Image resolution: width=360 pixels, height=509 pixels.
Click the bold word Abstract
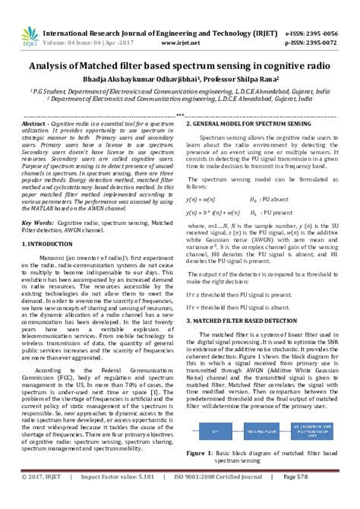tap(34, 123)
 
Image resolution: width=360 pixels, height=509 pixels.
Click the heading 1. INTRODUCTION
tap(49, 243)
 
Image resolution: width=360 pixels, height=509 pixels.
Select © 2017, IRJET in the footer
tap(46, 497)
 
